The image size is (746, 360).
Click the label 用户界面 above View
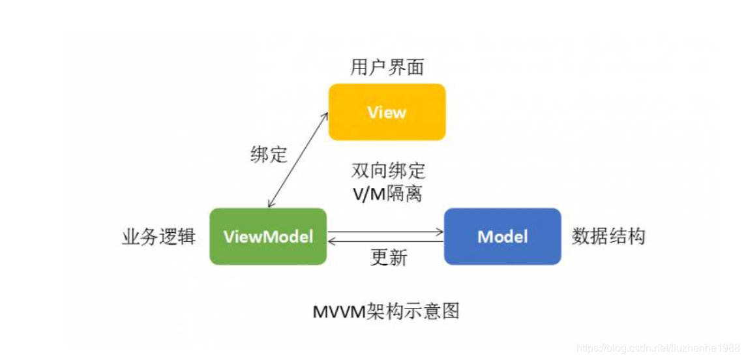387,67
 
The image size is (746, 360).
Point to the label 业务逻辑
158,236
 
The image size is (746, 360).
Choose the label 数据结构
608,236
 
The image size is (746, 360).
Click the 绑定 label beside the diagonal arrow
269,155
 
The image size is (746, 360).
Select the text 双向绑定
388,171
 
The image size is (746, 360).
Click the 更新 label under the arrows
389,258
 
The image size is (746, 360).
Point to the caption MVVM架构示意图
387,311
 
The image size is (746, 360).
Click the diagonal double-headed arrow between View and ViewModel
297,159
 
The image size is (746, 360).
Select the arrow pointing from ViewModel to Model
385,231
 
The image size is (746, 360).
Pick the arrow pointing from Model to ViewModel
385,242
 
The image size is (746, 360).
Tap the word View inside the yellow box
387,112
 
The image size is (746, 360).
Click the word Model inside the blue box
502,236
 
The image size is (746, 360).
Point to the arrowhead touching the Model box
440,231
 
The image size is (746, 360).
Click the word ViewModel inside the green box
268,236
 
